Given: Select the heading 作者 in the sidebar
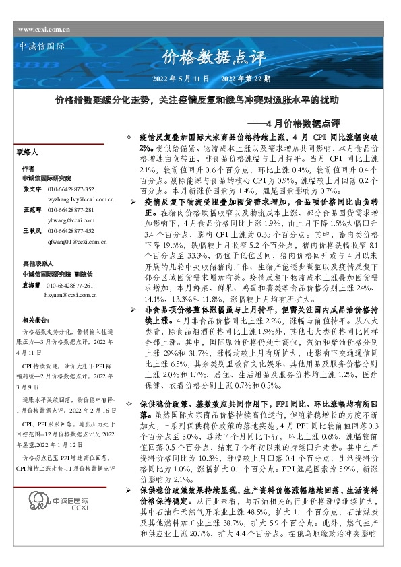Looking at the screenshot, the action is pos(27,168).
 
